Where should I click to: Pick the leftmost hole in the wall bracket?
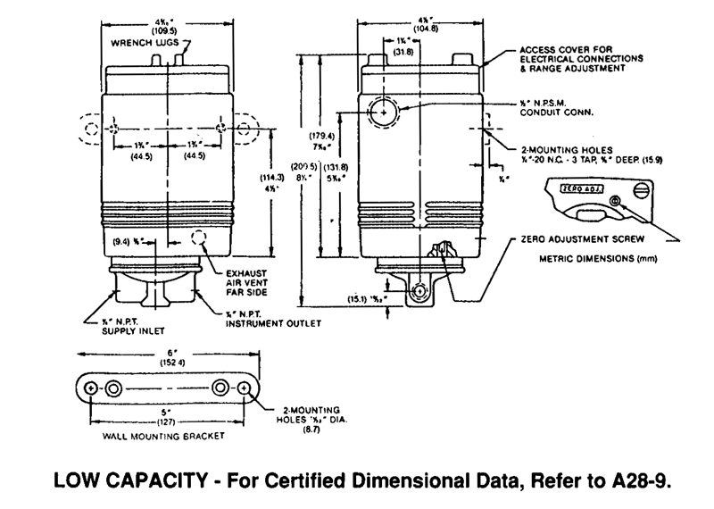[92, 390]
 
